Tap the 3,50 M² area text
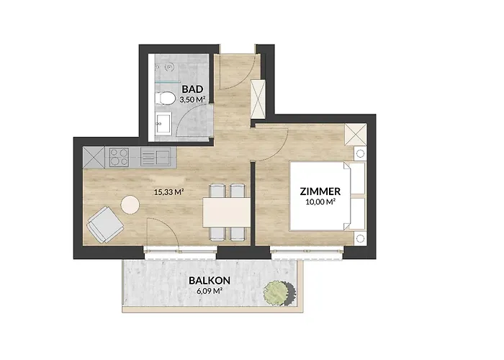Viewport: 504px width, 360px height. click(193, 102)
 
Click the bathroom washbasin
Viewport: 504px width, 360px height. click(163, 124)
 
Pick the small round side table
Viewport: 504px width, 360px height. click(130, 205)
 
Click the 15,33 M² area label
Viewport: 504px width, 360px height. click(167, 192)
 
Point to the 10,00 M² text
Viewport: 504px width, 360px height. click(319, 204)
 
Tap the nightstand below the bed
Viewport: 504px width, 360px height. click(359, 237)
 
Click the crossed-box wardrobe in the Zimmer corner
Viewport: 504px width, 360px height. click(355, 135)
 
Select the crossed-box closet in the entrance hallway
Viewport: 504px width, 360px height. click(257, 95)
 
